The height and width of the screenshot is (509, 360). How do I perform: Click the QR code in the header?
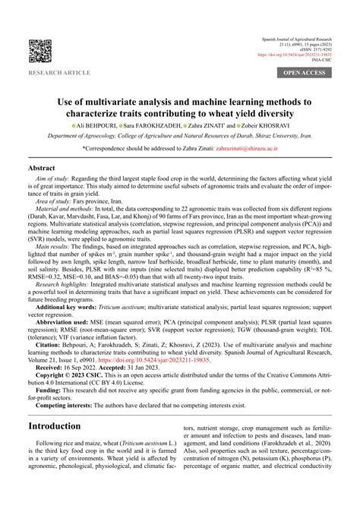[40, 52]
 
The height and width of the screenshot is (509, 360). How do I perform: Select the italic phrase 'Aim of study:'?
[52, 179]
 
